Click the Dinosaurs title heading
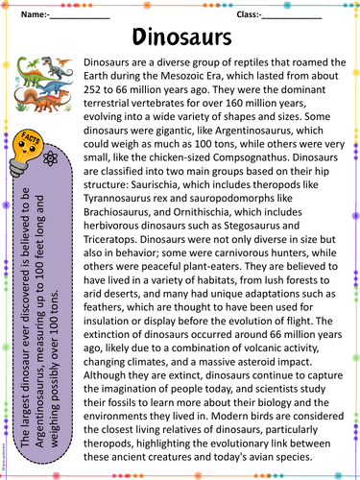[x=180, y=37]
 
